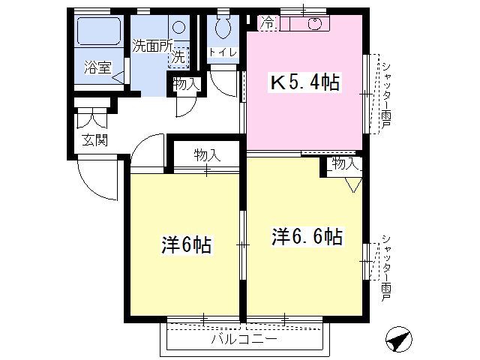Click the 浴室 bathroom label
click(97, 67)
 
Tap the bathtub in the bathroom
click(99, 31)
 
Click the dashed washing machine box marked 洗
click(178, 58)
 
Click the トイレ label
click(223, 52)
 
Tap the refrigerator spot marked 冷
click(268, 23)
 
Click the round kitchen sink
click(315, 23)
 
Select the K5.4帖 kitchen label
click(304, 82)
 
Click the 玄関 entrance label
click(95, 140)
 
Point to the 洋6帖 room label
click(186, 244)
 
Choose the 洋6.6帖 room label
click(307, 235)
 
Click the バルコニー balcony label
click(244, 339)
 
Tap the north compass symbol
click(398, 340)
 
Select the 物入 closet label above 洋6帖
click(207, 155)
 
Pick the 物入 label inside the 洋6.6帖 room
click(345, 163)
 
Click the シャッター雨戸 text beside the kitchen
click(386, 94)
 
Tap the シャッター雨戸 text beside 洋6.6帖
click(386, 268)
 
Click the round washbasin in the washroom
click(179, 28)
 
